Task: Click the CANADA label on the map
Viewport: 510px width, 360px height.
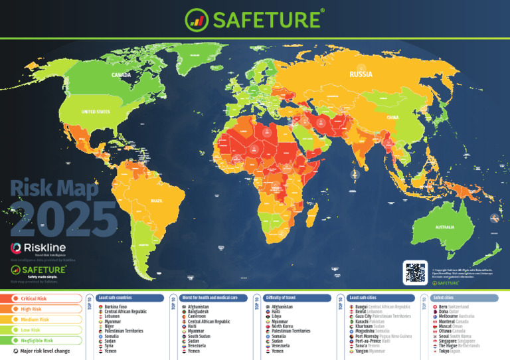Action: click(x=121, y=75)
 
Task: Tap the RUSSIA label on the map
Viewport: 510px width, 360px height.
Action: click(x=361, y=75)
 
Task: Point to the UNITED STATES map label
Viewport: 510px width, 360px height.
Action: click(x=95, y=112)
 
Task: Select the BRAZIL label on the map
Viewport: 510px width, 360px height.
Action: click(x=157, y=200)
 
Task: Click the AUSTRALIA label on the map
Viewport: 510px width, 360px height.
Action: click(x=444, y=227)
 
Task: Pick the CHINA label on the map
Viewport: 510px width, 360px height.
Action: click(x=392, y=117)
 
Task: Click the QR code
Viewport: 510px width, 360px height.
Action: click(x=414, y=272)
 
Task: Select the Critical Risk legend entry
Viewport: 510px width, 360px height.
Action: click(x=34, y=299)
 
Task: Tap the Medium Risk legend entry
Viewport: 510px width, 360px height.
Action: click(x=35, y=319)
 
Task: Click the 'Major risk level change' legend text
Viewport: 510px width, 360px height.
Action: click(x=45, y=351)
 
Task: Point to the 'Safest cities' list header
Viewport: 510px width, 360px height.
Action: click(x=446, y=298)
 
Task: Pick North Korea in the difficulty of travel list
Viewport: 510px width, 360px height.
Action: click(x=283, y=326)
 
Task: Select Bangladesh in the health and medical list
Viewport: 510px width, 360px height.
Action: click(x=198, y=312)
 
